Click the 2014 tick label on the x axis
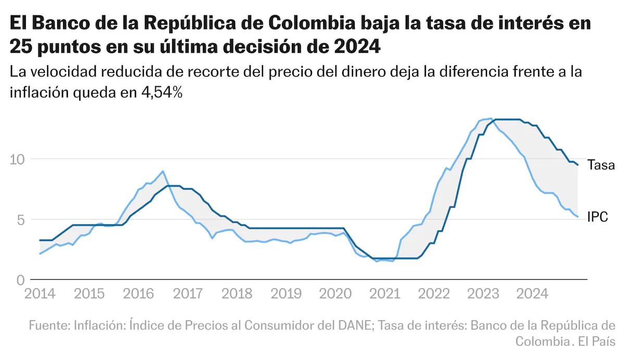(x=40, y=294)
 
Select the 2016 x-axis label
(x=139, y=294)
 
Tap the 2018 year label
(x=238, y=294)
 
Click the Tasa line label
(x=601, y=166)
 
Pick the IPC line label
(x=597, y=217)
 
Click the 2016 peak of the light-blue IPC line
(x=163, y=171)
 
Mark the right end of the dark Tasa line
(x=578, y=165)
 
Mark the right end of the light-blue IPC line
(x=578, y=217)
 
